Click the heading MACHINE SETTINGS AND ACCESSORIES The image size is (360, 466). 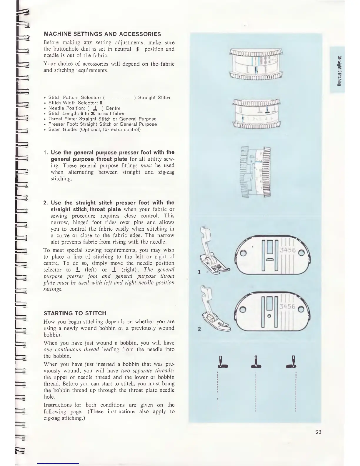[x=102, y=34]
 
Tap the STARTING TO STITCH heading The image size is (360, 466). [x=75, y=313]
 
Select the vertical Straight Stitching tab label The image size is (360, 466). [x=339, y=71]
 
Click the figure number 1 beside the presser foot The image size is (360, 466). [x=199, y=272]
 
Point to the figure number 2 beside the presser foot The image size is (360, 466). [x=199, y=329]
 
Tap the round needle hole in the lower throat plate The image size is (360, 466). [x=268, y=316]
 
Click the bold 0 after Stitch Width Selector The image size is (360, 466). [x=101, y=103]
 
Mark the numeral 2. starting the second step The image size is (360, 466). [x=46, y=203]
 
